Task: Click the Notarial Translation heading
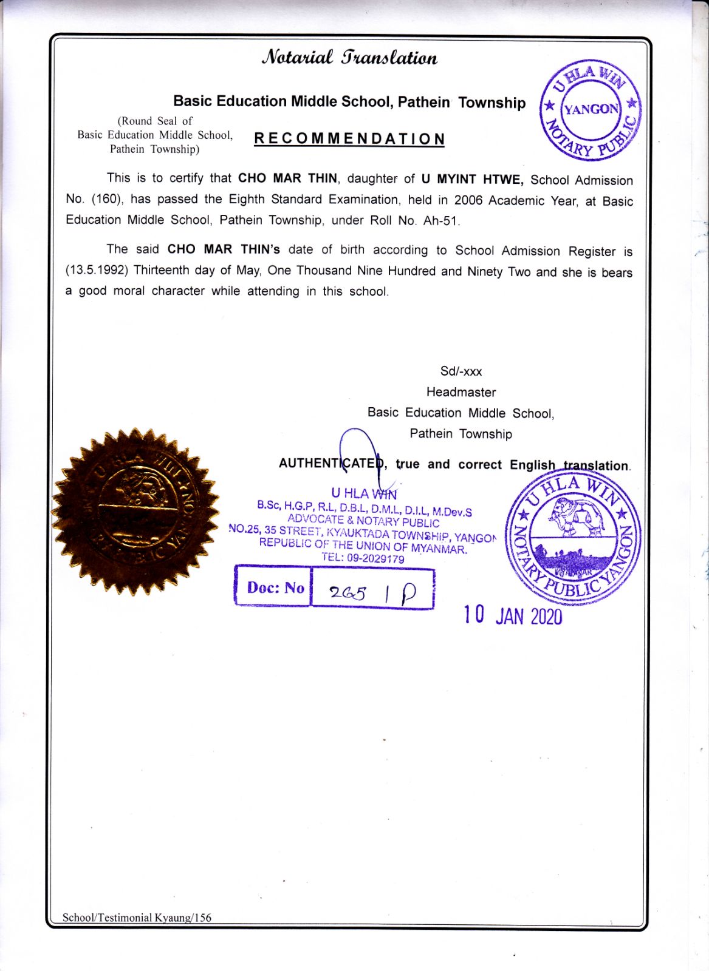349,58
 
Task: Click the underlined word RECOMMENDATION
349,139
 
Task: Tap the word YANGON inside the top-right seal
591,109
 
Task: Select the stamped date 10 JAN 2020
513,615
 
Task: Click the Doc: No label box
274,587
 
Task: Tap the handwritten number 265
348,593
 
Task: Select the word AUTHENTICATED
332,464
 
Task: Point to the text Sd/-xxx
461,371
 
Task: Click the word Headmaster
461,392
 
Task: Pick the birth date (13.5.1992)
97,270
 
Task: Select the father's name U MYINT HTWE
471,180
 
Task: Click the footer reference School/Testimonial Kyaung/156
137,918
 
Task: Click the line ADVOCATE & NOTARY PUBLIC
363,521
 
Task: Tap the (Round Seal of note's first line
154,121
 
